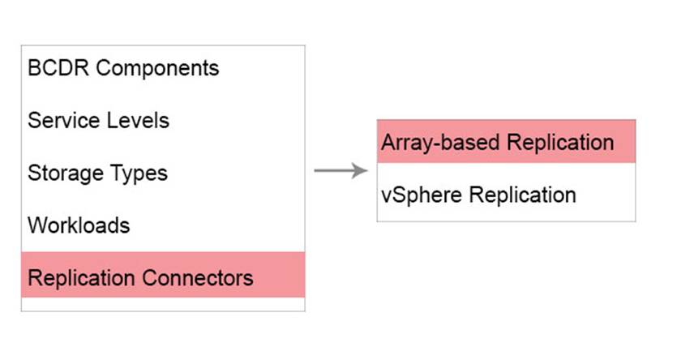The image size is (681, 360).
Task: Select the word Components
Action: pos(157,68)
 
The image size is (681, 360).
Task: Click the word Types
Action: pos(139,174)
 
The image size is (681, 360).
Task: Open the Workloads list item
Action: pos(79,225)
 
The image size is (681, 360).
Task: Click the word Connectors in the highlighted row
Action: pos(198,278)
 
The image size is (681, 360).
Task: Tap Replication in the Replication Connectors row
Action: pos(81,279)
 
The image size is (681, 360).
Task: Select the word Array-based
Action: pos(440,143)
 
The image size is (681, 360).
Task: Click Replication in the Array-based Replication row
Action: pos(560,143)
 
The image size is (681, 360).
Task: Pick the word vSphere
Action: pos(422,195)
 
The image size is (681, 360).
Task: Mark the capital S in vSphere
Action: pos(398,195)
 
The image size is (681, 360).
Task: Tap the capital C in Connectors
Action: pos(150,278)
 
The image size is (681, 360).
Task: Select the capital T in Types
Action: pos(118,173)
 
